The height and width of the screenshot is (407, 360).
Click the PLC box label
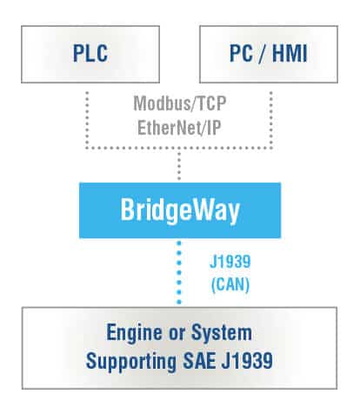(90, 53)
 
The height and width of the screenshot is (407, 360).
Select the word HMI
(290, 53)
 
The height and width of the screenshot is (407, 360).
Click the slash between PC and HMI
(263, 53)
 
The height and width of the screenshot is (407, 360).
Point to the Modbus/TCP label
(180, 103)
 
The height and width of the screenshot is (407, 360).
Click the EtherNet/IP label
(179, 128)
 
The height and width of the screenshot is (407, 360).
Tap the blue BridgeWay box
(180, 210)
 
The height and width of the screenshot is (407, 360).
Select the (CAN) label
(230, 284)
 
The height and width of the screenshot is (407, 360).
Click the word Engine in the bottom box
(134, 333)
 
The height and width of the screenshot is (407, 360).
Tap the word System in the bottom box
(222, 333)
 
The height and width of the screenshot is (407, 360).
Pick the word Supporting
(131, 362)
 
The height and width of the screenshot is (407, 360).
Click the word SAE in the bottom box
(200, 360)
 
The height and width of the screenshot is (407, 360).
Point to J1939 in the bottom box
(247, 360)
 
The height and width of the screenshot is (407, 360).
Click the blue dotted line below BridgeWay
(179, 272)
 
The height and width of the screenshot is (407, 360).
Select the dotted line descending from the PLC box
(87, 120)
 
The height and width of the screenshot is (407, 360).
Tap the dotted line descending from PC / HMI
(271, 120)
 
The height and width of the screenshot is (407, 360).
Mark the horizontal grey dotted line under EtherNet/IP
(179, 148)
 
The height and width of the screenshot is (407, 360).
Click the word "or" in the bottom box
(177, 334)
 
